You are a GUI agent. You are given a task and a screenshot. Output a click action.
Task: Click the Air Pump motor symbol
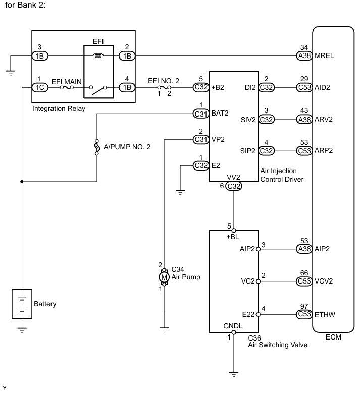164,277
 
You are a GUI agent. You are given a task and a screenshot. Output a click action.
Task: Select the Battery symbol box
22,304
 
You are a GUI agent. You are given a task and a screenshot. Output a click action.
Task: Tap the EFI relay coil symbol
98,55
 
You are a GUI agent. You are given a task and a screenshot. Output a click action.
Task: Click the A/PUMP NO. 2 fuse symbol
97,147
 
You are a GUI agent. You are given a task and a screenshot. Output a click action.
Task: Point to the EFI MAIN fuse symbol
67,88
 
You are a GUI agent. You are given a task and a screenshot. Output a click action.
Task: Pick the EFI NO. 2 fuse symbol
164,87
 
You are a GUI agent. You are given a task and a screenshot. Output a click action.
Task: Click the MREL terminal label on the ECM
324,55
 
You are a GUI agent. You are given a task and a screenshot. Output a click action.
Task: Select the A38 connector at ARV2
304,119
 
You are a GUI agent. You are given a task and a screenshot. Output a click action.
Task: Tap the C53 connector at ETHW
304,314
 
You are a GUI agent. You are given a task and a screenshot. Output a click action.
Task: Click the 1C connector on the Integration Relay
40,87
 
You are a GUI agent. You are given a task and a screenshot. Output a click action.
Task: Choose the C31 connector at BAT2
201,114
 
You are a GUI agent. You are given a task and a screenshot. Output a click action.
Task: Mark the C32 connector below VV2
233,186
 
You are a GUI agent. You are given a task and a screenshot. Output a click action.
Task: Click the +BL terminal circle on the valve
234,230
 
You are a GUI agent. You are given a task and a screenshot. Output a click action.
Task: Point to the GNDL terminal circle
234,332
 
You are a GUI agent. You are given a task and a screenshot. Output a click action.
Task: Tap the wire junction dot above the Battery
22,182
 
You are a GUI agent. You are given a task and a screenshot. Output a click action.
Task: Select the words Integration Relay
59,109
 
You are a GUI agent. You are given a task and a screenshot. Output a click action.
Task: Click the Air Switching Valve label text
278,345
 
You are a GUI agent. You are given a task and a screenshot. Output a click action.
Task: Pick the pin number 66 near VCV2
304,273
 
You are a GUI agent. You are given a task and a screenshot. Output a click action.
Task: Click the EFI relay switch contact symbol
98,90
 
